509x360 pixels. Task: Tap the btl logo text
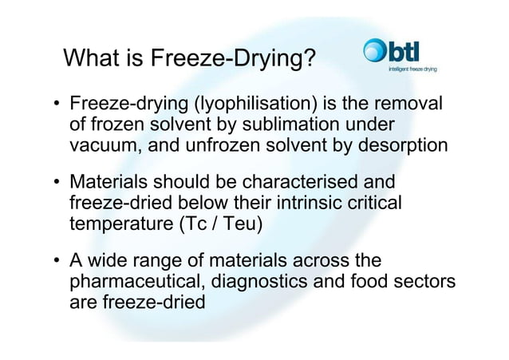[410, 52]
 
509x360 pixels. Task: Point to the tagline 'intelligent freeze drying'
[412, 69]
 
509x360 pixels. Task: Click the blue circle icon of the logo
[374, 52]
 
